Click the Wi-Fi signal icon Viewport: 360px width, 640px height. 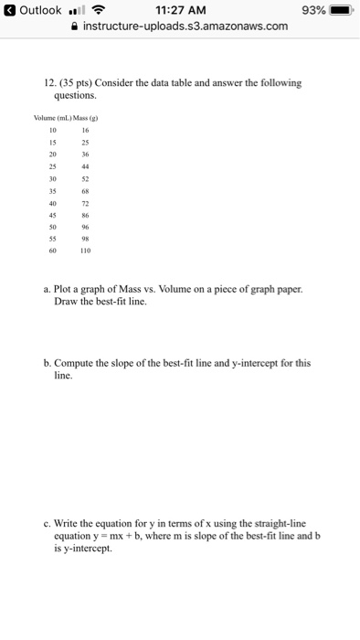click(95, 10)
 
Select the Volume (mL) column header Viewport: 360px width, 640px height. click(54, 118)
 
